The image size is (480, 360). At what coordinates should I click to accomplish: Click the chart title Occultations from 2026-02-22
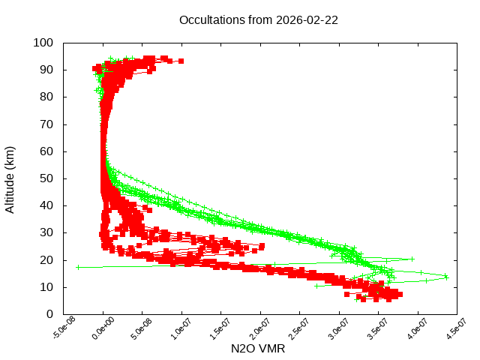[259, 20]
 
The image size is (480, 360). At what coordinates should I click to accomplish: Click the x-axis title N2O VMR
[259, 349]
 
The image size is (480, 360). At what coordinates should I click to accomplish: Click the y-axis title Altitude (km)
[10, 178]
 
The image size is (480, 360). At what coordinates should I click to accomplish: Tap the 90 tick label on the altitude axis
[46, 70]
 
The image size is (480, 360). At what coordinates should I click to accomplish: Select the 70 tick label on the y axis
[46, 124]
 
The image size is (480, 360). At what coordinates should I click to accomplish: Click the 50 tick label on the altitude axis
[46, 178]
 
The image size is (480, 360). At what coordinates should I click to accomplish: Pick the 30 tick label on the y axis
[46, 232]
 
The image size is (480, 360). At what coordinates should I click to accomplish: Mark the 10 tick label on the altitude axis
[46, 286]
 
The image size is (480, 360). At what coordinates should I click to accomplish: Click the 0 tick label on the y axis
[49, 314]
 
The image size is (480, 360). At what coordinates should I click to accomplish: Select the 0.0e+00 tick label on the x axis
[103, 329]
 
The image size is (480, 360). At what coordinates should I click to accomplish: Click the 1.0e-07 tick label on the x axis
[181, 329]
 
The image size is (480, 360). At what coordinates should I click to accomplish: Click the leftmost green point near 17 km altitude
[78, 267]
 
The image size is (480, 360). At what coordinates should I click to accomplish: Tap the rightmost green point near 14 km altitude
[446, 277]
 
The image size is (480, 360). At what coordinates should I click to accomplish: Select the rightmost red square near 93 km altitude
[181, 61]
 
